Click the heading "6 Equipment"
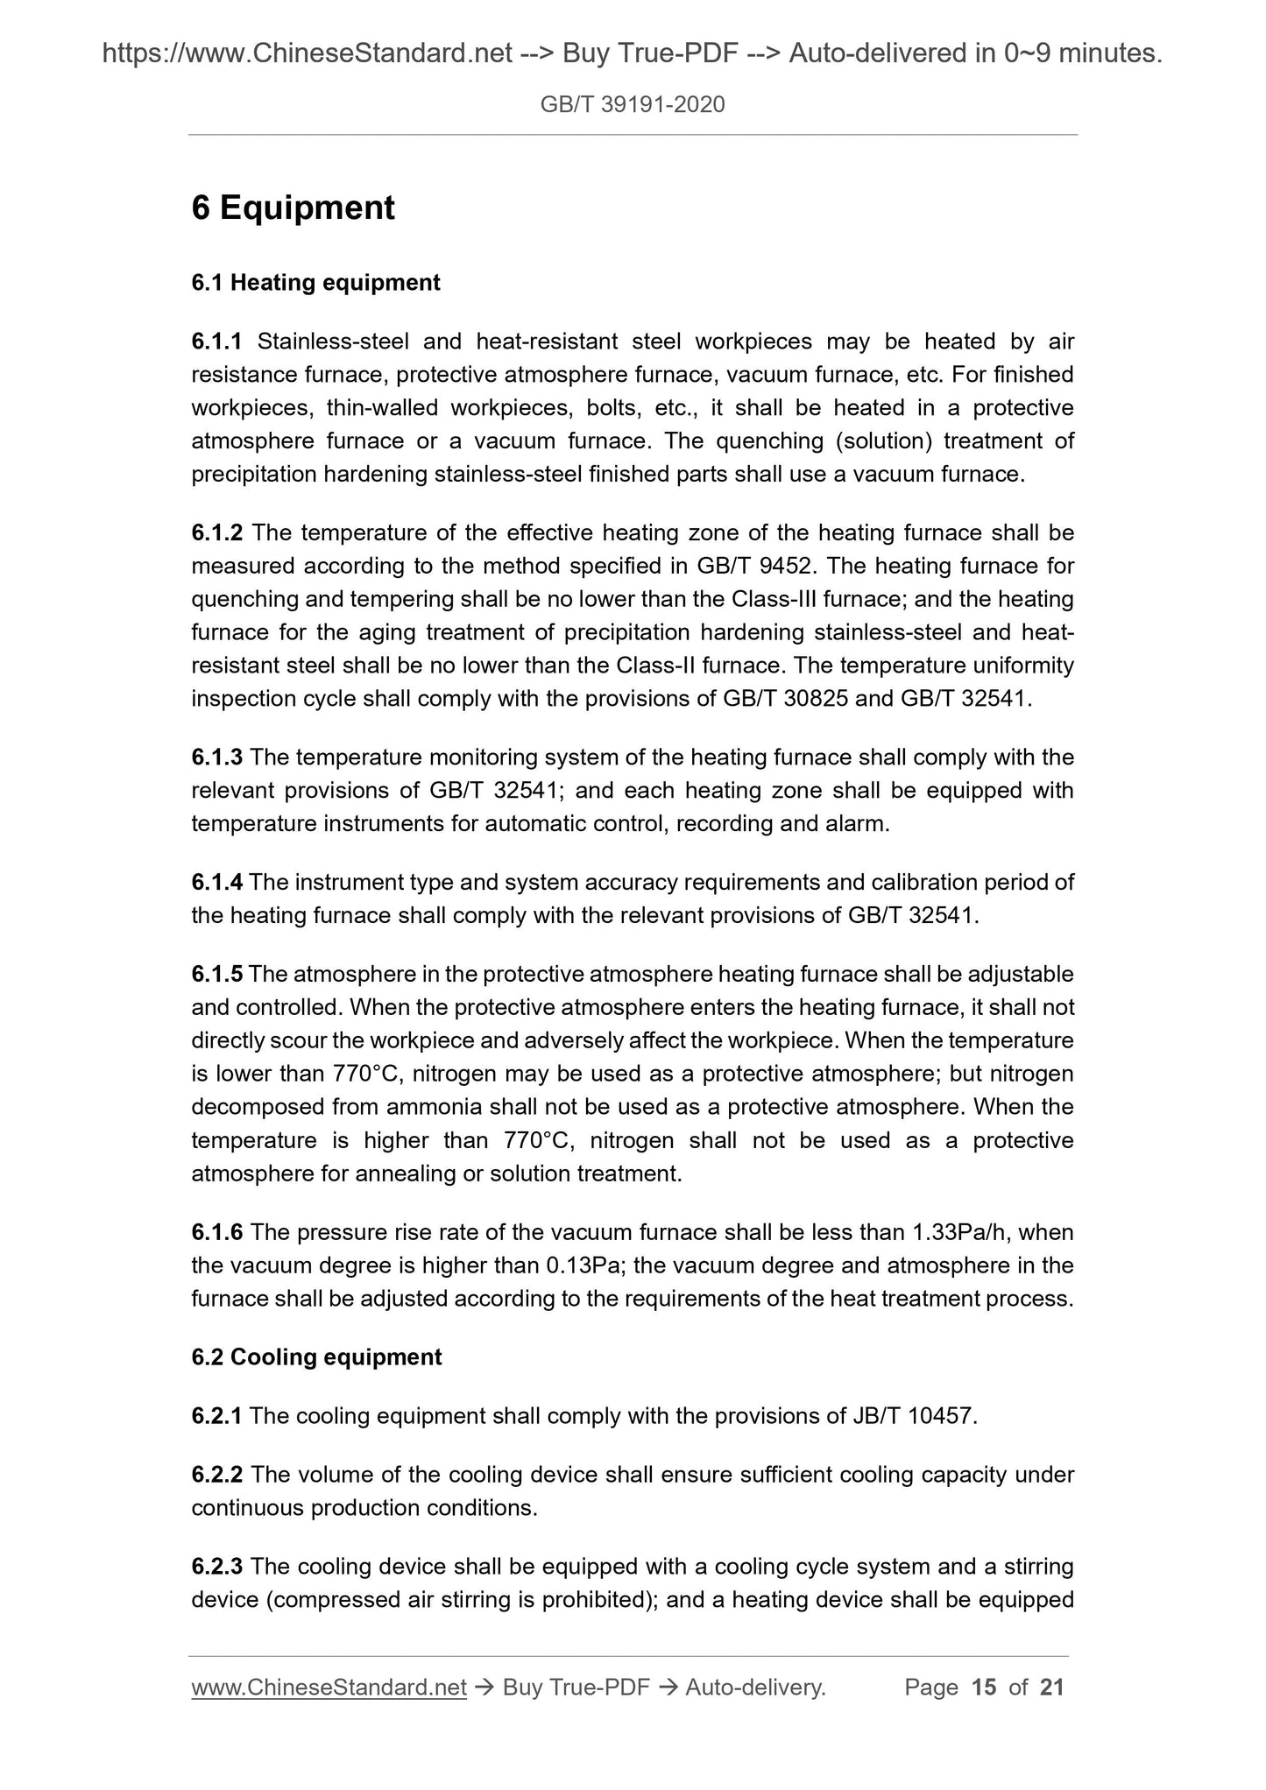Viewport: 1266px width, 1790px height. (x=293, y=208)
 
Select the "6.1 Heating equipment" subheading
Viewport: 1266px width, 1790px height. (x=315, y=283)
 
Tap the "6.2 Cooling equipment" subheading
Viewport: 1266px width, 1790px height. (x=316, y=1357)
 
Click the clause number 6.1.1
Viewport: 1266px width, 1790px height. (x=217, y=342)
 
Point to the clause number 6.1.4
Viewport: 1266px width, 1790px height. (x=217, y=882)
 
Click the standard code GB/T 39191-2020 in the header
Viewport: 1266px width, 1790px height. (x=633, y=105)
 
